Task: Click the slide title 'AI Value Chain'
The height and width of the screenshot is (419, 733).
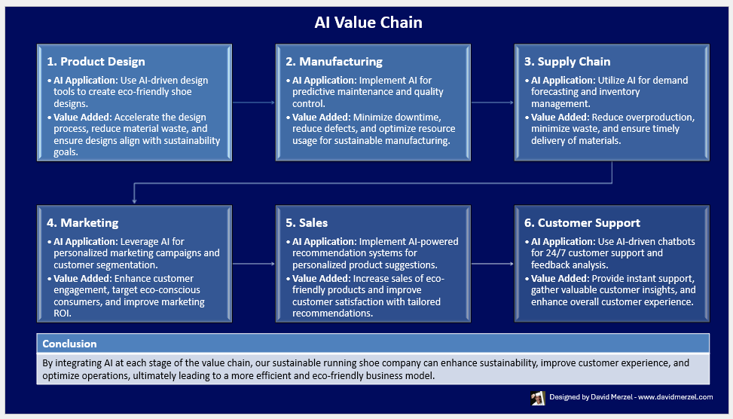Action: pos(368,23)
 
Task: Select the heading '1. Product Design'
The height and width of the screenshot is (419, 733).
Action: pos(96,62)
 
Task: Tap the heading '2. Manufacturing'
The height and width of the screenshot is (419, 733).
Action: pos(334,62)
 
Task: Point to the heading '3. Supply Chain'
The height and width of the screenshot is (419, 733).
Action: pos(567,62)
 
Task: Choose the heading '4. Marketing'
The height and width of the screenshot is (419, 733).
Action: pos(83,223)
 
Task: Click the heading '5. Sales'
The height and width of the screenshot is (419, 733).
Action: pos(307,223)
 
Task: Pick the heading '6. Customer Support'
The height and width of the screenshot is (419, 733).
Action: pos(582,223)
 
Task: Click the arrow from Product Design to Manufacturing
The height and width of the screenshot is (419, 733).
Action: pos(253,102)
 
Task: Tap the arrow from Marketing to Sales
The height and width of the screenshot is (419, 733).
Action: pos(253,263)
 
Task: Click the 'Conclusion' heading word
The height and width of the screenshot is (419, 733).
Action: pos(69,344)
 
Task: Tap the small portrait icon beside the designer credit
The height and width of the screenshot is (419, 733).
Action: pos(538,398)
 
